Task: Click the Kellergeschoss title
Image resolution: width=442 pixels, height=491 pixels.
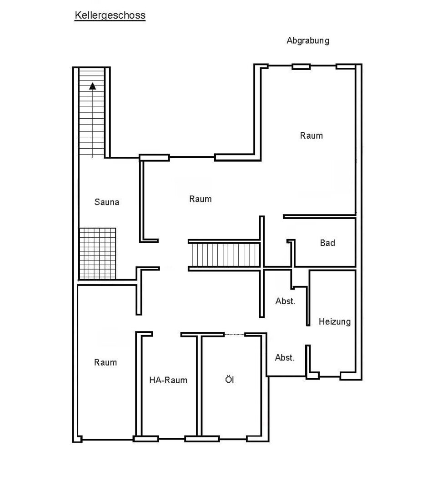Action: coord(110,15)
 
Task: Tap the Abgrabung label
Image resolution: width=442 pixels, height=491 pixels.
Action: coord(308,41)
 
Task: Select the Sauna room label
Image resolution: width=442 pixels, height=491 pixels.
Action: coord(106,202)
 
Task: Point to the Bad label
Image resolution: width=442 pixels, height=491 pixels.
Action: coord(327,243)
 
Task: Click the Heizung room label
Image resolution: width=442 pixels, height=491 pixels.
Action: coord(335,321)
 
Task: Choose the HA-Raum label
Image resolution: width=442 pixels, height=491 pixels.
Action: coord(168,380)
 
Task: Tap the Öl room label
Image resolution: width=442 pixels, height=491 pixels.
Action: coord(230,380)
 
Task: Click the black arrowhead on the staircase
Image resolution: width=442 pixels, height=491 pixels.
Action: coord(92,86)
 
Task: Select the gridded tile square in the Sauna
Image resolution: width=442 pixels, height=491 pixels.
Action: coord(97,253)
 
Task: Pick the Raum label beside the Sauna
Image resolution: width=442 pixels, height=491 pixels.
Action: coord(200,199)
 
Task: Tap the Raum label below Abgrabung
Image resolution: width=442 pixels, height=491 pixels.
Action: coord(311,135)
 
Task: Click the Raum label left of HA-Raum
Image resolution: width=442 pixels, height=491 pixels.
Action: coord(105,362)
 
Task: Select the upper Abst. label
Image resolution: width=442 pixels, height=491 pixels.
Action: coord(285,301)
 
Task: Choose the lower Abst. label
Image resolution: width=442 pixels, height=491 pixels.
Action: coord(285,358)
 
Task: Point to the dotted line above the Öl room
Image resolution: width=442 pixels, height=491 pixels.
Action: coord(234,335)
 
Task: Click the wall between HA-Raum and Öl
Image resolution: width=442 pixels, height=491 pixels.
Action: coord(199,385)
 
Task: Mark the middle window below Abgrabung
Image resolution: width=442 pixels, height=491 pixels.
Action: coord(301,67)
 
